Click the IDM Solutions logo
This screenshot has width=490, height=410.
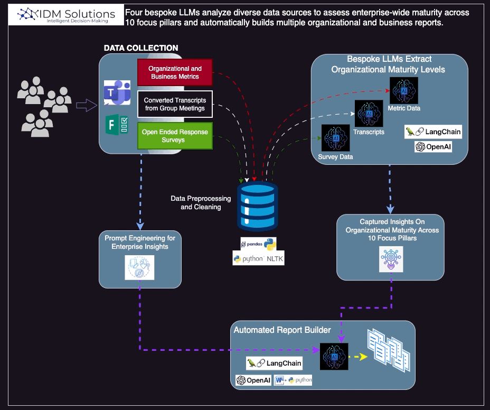point(66,15)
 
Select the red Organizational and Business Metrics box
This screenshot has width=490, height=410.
point(175,72)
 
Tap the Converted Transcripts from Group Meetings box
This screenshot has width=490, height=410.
point(175,104)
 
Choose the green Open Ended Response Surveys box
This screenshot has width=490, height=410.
point(175,136)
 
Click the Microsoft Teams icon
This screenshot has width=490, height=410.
point(117,92)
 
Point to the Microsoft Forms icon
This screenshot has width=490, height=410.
point(117,125)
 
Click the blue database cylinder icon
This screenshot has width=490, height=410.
point(258,206)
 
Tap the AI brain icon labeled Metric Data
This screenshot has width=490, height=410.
point(404,90)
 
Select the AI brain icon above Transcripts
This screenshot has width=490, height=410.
point(369,113)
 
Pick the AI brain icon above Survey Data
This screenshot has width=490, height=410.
point(336,138)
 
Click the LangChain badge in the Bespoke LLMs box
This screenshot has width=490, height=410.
point(433,132)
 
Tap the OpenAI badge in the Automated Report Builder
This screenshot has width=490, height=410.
point(253,380)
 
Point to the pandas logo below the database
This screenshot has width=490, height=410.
point(258,244)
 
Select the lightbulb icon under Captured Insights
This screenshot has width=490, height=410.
point(391,259)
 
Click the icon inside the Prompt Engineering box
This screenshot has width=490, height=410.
point(139,267)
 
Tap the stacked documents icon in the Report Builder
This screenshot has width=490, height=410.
point(389,350)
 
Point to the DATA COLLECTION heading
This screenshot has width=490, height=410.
point(141,48)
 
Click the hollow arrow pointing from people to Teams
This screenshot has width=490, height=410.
point(87,105)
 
